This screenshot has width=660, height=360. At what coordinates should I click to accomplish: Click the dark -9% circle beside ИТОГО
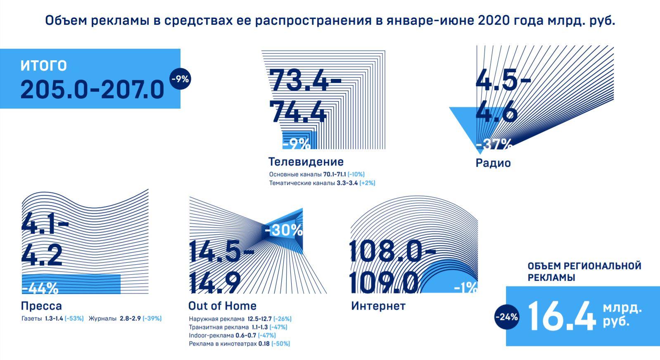coord(180,79)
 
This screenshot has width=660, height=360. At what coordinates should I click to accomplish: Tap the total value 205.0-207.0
coord(93,90)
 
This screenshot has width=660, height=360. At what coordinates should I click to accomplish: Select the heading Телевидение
coord(306,161)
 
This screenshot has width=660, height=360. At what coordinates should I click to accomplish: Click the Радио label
coord(493,163)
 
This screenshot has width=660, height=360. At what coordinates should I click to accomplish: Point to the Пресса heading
coord(41,306)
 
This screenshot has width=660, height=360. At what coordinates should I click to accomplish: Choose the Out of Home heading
coord(222,306)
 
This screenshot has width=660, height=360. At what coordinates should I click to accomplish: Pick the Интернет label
coord(378,306)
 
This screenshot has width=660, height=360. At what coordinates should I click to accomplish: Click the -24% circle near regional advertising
coord(506,317)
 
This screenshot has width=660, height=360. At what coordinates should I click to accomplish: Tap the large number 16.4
coord(562,317)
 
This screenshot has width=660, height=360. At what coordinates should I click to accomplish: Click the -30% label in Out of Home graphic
coord(284,230)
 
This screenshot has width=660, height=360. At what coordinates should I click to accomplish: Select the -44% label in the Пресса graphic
coord(40,288)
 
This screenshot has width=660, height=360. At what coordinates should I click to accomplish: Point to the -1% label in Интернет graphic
coord(466,288)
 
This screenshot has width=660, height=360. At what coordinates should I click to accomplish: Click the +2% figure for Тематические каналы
coord(367,183)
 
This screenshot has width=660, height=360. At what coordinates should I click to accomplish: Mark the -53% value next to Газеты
coord(74,319)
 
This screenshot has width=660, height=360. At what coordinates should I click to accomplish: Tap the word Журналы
coord(102,319)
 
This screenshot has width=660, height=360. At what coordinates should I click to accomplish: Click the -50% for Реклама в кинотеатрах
coord(280,343)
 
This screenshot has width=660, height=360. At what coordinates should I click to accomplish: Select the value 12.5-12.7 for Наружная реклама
coord(259,319)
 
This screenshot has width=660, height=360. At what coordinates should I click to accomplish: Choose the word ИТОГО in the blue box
coord(43,65)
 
